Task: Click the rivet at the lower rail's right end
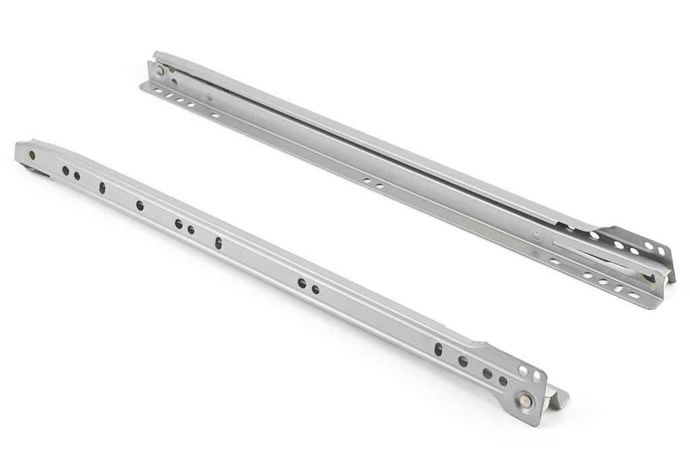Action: tap(525, 402)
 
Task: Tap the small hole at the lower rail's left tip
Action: tap(32, 155)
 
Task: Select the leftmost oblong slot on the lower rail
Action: tap(102, 188)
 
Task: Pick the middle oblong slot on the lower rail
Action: tap(218, 243)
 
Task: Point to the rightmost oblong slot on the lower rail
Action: tap(439, 349)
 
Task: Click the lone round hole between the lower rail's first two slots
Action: tap(139, 205)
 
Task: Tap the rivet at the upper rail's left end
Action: tap(160, 70)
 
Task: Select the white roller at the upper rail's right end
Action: tap(648, 278)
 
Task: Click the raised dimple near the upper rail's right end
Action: tap(536, 236)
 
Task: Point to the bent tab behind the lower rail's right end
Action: tap(558, 398)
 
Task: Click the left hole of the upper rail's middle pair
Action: tap(367, 181)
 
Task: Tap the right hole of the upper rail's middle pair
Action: tap(379, 185)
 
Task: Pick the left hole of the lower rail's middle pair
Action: tap(302, 284)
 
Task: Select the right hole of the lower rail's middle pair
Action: tap(315, 290)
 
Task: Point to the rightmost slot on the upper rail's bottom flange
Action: tap(634, 295)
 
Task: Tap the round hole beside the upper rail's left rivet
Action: tap(175, 82)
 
